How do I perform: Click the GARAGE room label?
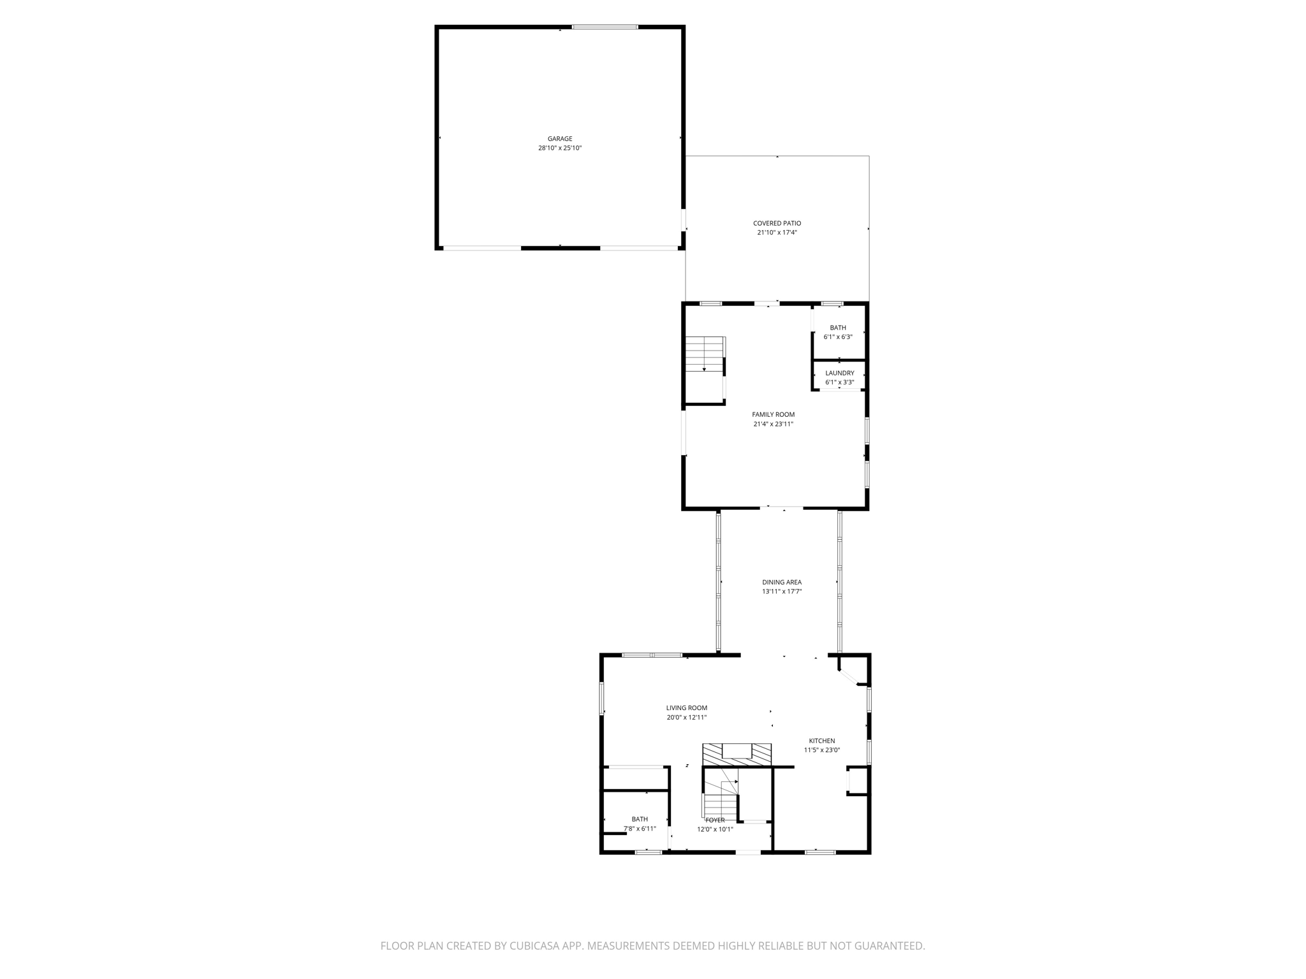[x=560, y=139]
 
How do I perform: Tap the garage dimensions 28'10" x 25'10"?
[x=560, y=148]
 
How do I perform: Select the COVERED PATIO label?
[x=777, y=223]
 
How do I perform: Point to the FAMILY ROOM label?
[x=773, y=414]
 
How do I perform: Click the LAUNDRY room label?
[x=839, y=373]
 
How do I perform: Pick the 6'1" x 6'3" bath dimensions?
[x=838, y=337]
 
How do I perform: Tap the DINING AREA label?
[x=782, y=582]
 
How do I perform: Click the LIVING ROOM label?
[x=687, y=707]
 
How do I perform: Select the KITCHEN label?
[x=822, y=741]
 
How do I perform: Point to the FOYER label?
[x=715, y=820]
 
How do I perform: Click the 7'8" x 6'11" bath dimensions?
[x=640, y=829]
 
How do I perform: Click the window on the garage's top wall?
[x=605, y=27]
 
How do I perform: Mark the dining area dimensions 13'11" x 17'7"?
[x=782, y=591]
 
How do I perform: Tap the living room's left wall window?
[x=601, y=699]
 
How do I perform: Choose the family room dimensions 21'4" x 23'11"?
[x=773, y=424]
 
